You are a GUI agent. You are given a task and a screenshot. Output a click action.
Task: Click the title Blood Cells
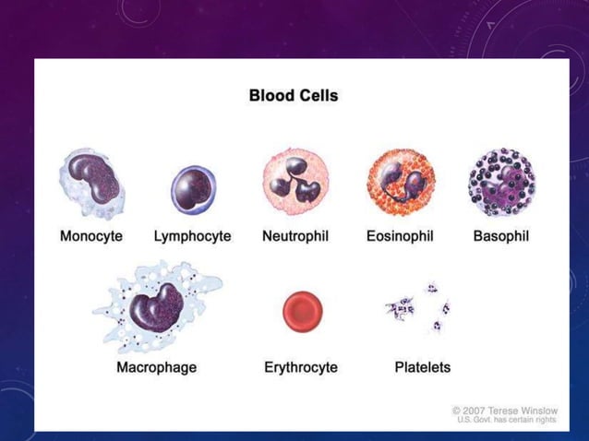(x=294, y=95)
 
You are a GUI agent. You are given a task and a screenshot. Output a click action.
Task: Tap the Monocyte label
(x=91, y=235)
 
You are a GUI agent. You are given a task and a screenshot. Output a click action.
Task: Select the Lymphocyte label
(x=192, y=235)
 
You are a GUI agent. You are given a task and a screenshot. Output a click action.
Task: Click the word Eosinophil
(x=400, y=235)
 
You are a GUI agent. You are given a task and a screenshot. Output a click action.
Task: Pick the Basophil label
(x=500, y=235)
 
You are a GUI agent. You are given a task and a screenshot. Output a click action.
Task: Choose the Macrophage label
(x=156, y=367)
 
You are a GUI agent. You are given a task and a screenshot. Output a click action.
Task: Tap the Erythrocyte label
(x=301, y=367)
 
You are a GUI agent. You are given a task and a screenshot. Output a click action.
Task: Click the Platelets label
(x=423, y=367)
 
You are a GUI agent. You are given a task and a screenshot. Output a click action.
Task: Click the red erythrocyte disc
(x=302, y=312)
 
